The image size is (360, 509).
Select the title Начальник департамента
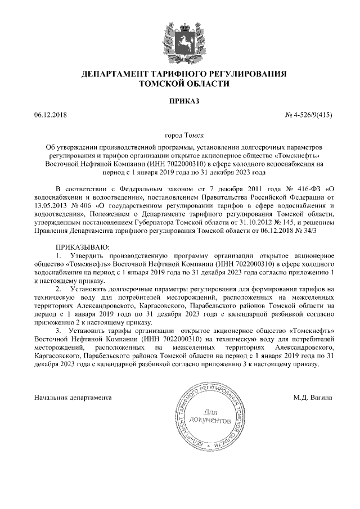73,397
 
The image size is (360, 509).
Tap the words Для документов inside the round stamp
210,415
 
